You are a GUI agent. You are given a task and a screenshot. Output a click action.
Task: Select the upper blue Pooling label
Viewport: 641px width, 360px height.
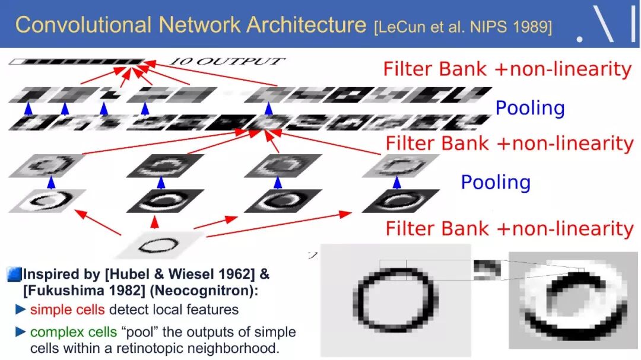pyautogui.click(x=529, y=108)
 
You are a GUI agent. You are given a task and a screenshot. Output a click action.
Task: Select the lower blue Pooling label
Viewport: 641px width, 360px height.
pyautogui.click(x=495, y=182)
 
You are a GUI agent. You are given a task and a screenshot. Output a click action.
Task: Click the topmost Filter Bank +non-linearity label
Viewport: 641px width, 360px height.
pyautogui.click(x=507, y=69)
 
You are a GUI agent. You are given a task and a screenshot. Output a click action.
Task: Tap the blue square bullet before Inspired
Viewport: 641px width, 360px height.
pyautogui.click(x=14, y=275)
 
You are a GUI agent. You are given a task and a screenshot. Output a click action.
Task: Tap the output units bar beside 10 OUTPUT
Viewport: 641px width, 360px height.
pyautogui.click(x=77, y=61)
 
